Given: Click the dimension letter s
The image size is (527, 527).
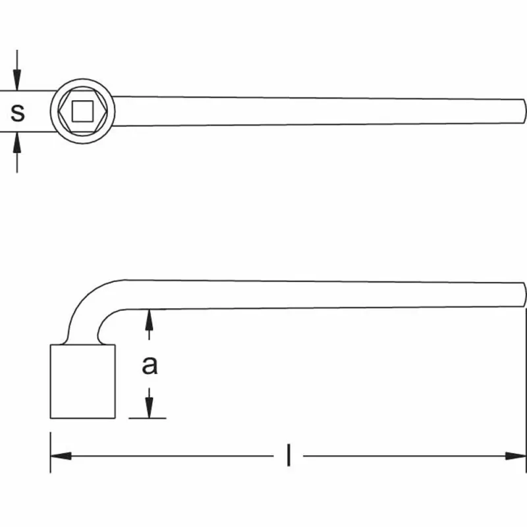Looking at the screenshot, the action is [18, 113].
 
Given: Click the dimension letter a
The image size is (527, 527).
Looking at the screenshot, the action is [150, 366].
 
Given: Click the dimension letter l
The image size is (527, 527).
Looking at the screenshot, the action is [289, 455].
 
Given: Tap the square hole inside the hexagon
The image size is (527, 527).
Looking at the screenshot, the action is [82, 111].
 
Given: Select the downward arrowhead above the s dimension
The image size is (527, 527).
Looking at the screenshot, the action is [17, 80].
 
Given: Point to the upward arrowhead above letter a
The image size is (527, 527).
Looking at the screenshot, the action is [150, 320].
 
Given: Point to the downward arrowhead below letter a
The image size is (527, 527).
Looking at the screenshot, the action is [150, 408].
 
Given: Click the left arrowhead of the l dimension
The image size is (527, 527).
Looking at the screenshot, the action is [61, 456].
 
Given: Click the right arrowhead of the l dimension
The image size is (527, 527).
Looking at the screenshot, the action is [516, 456].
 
